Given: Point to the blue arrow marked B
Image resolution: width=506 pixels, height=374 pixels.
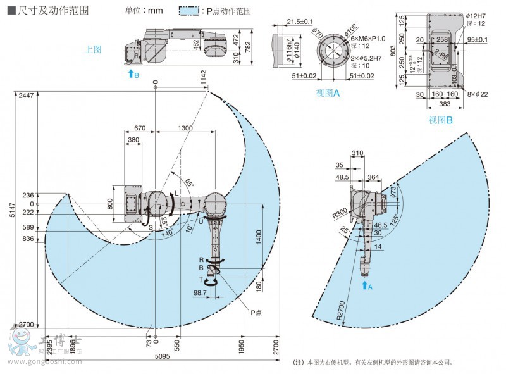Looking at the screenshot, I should pyautogui.click(x=130, y=74).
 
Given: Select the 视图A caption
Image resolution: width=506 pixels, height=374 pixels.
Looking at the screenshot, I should pyautogui.click(x=328, y=93).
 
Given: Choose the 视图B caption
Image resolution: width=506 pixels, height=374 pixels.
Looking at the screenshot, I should pyautogui.click(x=441, y=120).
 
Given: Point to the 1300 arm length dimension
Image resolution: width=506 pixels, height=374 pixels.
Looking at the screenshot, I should pyautogui.click(x=186, y=128).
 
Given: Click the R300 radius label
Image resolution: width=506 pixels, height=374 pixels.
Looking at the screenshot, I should pyautogui.click(x=338, y=214).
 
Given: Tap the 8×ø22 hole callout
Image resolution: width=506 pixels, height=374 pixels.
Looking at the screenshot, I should pyautogui.click(x=478, y=94).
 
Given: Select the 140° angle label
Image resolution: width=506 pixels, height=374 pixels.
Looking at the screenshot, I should pyautogui.click(x=168, y=233).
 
